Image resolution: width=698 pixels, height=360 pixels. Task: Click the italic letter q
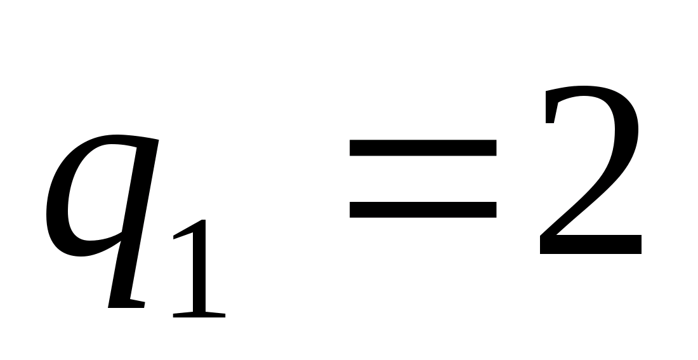(102, 203)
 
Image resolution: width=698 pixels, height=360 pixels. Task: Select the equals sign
(423, 179)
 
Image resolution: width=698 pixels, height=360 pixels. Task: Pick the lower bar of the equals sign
(423, 210)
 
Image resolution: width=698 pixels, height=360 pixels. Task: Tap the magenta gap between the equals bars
(423, 179)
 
